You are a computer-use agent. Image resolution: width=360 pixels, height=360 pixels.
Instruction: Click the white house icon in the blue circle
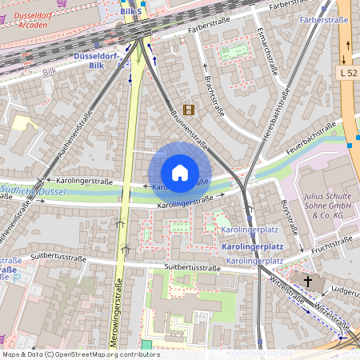[180, 173]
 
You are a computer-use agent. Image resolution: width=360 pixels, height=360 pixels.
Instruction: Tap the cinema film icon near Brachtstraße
[188, 110]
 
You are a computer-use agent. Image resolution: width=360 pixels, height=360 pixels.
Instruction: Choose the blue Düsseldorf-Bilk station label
[96, 61]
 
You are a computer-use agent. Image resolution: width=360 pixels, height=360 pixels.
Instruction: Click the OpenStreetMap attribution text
[80, 354]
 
